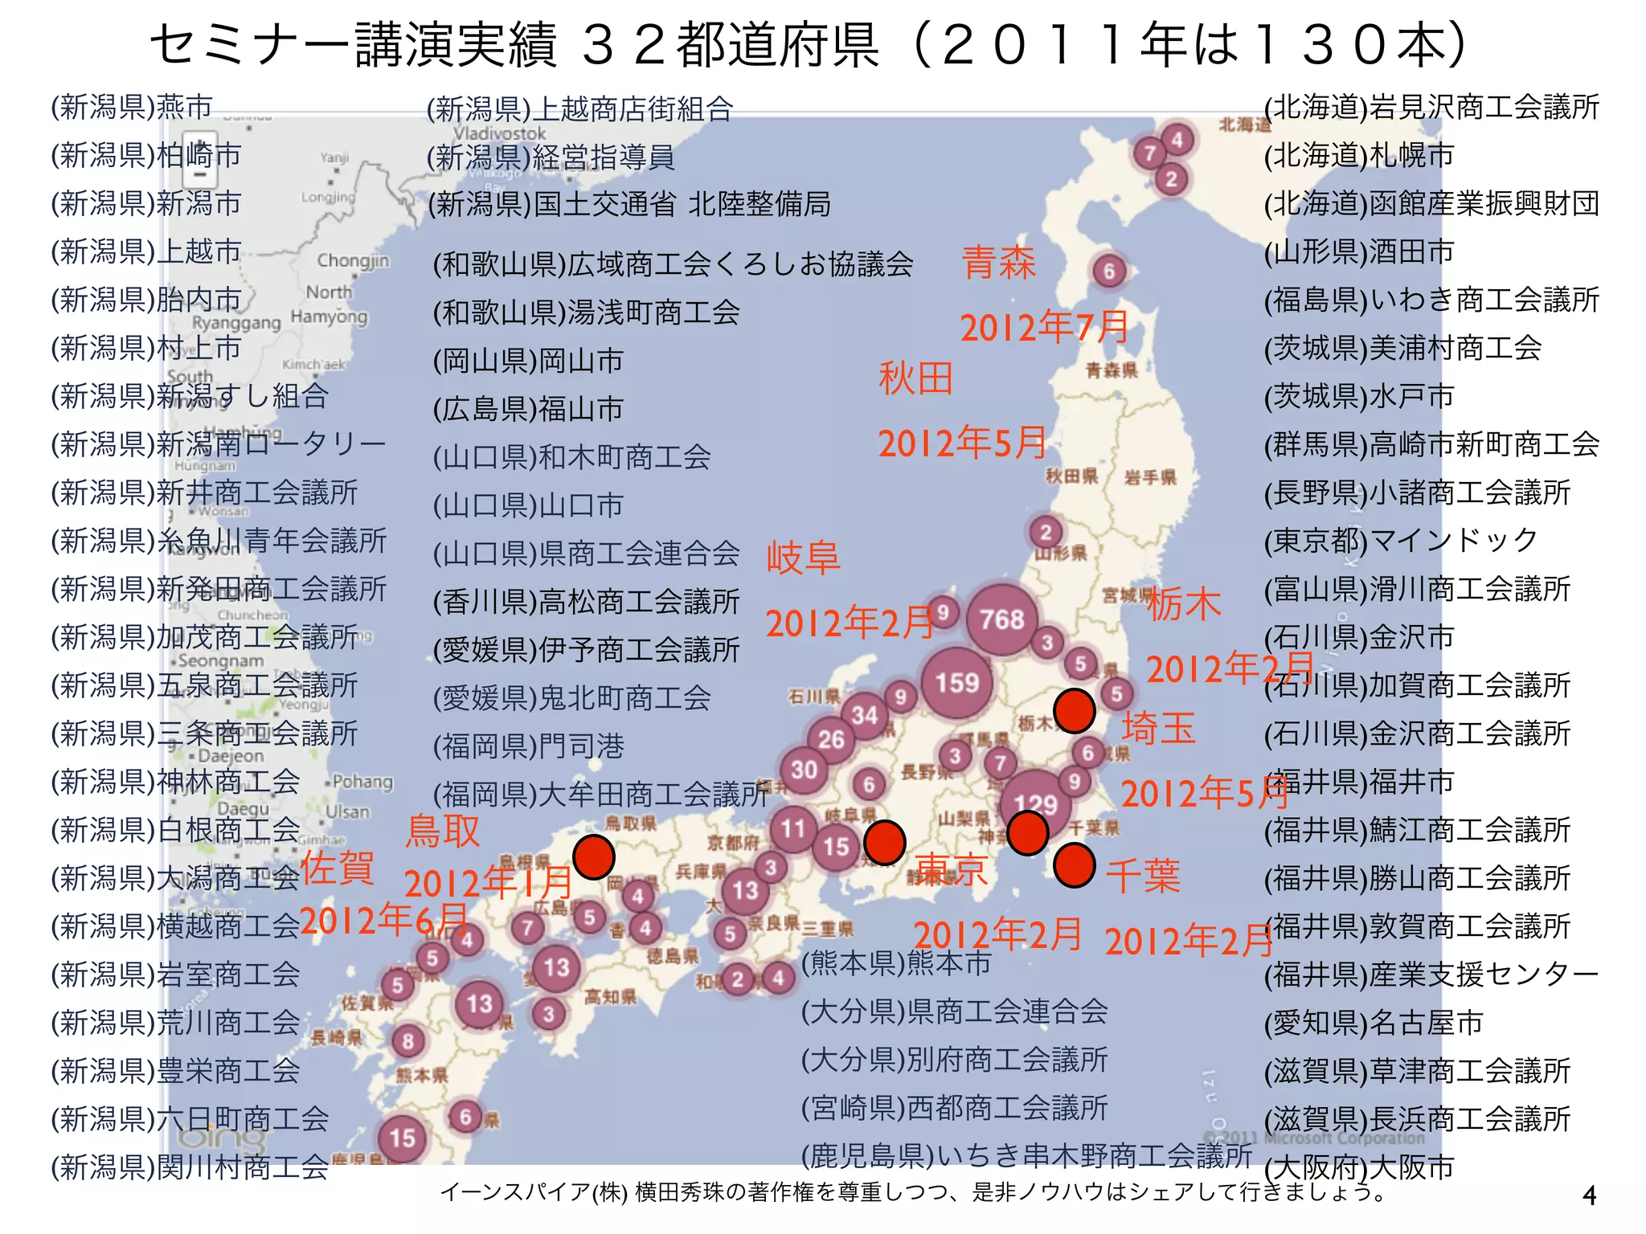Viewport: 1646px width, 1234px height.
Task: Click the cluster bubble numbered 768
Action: (x=1001, y=619)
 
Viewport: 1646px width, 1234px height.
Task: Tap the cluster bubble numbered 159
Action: (x=956, y=683)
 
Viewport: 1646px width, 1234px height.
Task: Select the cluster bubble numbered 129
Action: (x=1035, y=803)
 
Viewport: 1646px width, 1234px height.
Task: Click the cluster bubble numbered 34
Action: (x=865, y=714)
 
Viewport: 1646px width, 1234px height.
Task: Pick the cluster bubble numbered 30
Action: (x=804, y=770)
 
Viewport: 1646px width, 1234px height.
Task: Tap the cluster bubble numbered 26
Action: (x=831, y=739)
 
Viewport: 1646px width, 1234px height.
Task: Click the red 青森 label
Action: (x=999, y=263)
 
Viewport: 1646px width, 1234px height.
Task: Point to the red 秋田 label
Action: (x=915, y=378)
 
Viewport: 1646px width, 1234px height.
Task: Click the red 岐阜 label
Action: (x=803, y=558)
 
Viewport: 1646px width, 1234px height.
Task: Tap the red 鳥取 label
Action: (x=443, y=831)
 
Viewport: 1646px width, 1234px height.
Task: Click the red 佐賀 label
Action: (x=338, y=868)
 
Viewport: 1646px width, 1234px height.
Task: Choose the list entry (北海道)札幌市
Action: (x=1359, y=155)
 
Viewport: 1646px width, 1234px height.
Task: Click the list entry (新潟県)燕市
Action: (x=132, y=107)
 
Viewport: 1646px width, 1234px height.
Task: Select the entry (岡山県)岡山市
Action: (x=528, y=361)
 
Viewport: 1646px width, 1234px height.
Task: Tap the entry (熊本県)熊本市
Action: (x=896, y=962)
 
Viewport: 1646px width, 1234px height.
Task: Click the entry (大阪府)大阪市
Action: (x=1359, y=1167)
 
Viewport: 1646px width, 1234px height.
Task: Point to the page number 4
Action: (x=1589, y=1196)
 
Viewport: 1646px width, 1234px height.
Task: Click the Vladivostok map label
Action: (x=499, y=133)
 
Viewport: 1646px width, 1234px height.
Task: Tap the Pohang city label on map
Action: (x=362, y=782)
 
